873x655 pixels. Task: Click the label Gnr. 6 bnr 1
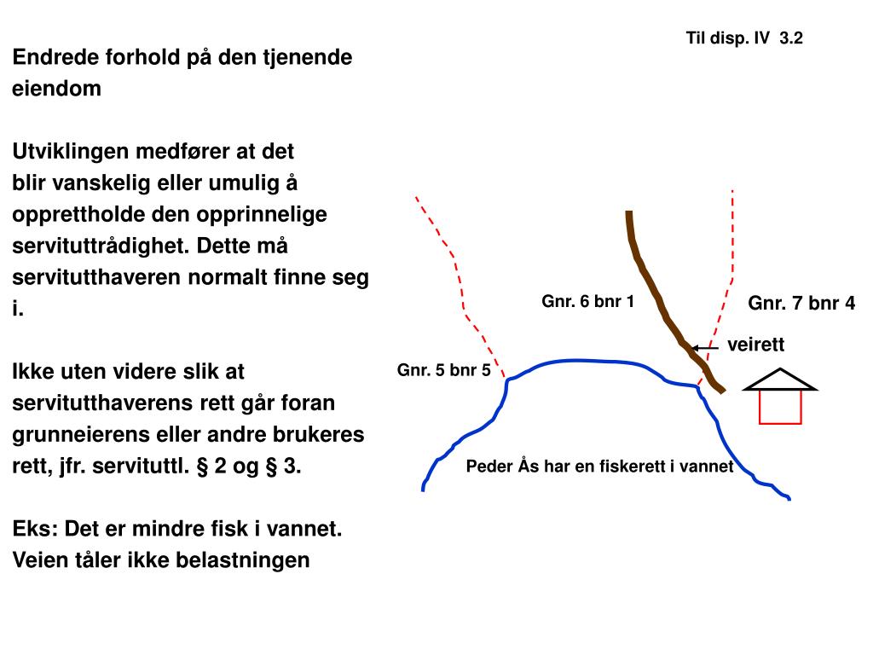tap(588, 301)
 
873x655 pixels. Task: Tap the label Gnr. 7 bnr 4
tap(801, 304)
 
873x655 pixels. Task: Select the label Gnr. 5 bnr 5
tap(443, 370)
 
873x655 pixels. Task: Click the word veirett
tap(754, 345)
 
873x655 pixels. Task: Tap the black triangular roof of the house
tap(780, 380)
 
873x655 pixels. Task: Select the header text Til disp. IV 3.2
tap(744, 38)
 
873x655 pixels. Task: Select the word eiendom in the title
tap(56, 89)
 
